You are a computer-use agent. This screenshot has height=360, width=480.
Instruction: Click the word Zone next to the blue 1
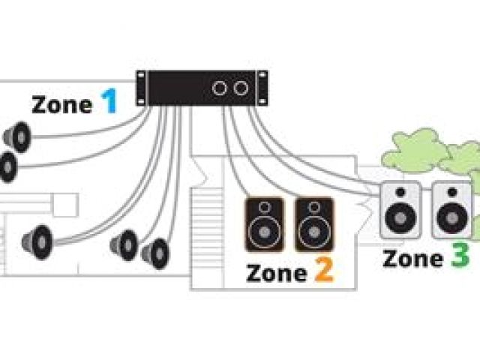(62, 105)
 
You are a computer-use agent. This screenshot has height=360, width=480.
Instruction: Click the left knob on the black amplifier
(220, 88)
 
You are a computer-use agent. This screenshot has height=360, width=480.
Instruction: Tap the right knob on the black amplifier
(240, 88)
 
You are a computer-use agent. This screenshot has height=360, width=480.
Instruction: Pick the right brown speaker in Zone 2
(313, 223)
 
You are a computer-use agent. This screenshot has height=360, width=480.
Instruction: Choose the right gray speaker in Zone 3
(448, 210)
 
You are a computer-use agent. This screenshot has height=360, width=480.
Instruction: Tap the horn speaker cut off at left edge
(7, 167)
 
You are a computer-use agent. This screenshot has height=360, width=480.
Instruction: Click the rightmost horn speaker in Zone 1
(157, 253)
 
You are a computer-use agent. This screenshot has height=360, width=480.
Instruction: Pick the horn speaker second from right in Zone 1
(125, 245)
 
